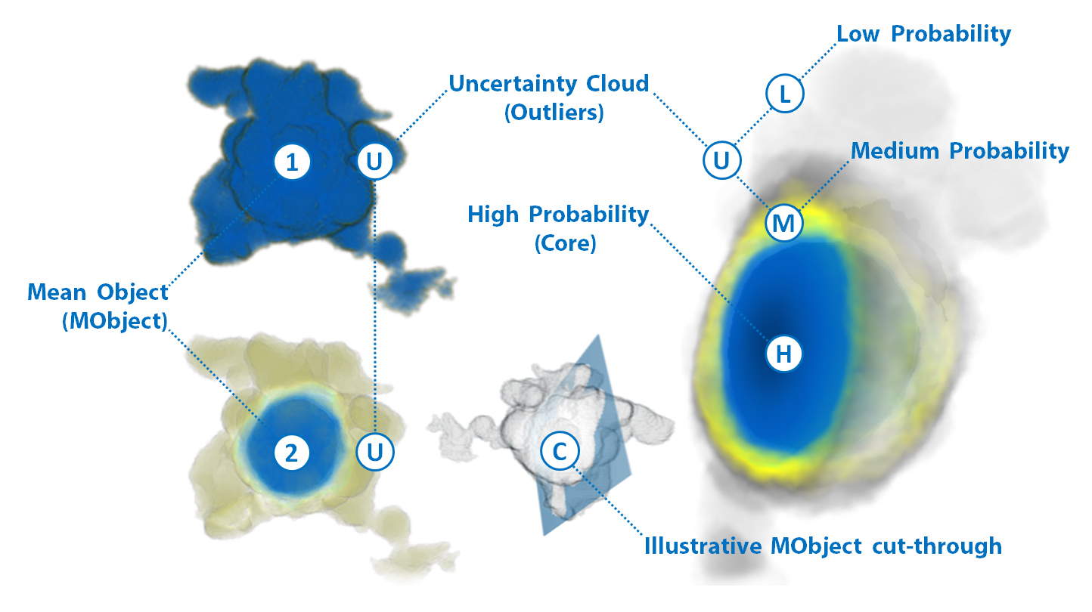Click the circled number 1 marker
292,162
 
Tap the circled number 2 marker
291,453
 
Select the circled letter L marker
784,94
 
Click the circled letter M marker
784,224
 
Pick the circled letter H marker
783,354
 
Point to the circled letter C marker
560,451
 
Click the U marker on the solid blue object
374,161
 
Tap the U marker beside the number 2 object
374,452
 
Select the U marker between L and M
721,160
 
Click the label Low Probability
924,34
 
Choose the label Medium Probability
960,151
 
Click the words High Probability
558,215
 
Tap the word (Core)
566,243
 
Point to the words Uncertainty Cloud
549,84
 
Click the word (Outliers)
554,113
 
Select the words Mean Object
98,292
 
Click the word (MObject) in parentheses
115,321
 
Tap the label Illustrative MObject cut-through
823,546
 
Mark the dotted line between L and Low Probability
819,60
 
